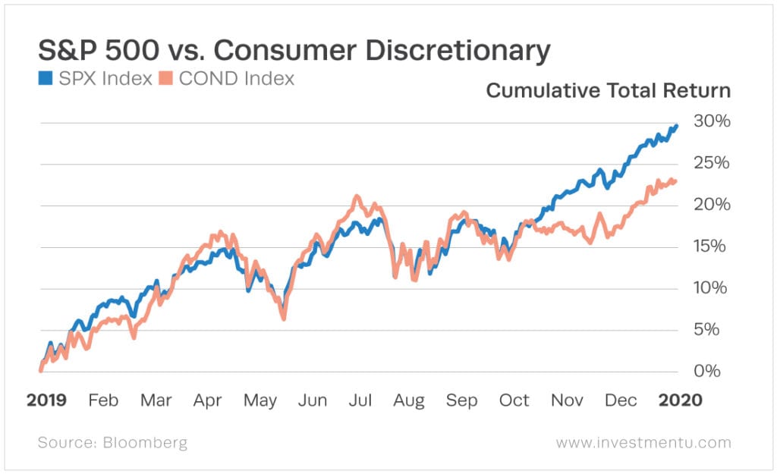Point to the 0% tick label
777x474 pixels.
coord(714,371)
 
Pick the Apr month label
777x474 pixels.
coord(206,400)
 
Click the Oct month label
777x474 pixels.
coord(514,400)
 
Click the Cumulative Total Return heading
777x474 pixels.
coord(608,91)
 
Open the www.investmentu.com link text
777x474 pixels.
coord(643,442)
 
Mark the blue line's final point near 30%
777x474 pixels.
coord(676,126)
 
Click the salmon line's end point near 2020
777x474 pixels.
coord(675,181)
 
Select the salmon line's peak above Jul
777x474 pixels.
coord(355,196)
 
